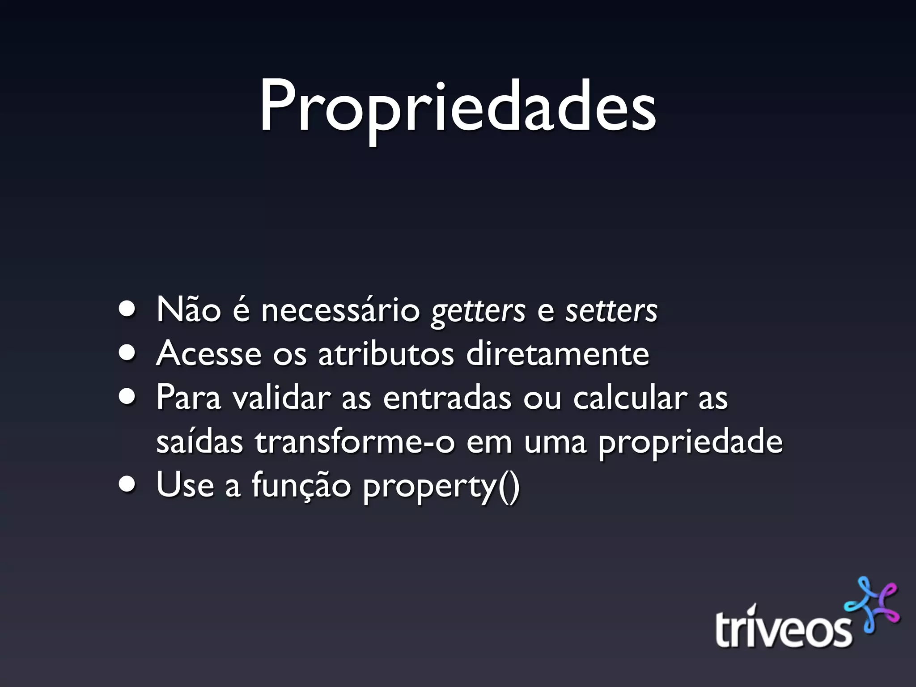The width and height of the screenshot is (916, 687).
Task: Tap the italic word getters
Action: (478, 310)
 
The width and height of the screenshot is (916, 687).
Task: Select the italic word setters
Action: (611, 310)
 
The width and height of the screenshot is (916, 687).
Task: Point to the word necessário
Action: (340, 310)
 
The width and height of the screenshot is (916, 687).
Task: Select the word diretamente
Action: (557, 353)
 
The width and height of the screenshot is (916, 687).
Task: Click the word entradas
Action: (447, 397)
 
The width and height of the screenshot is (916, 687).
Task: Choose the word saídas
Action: (199, 441)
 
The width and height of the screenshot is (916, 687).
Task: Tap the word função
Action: (301, 486)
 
